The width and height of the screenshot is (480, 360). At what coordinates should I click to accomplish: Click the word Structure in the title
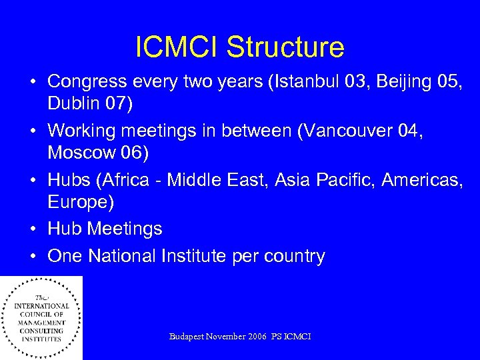click(285, 47)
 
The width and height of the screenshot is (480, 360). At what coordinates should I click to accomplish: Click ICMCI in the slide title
click(177, 47)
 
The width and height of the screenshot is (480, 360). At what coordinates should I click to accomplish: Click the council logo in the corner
click(41, 317)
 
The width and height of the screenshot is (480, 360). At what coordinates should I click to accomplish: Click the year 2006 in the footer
click(257, 337)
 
